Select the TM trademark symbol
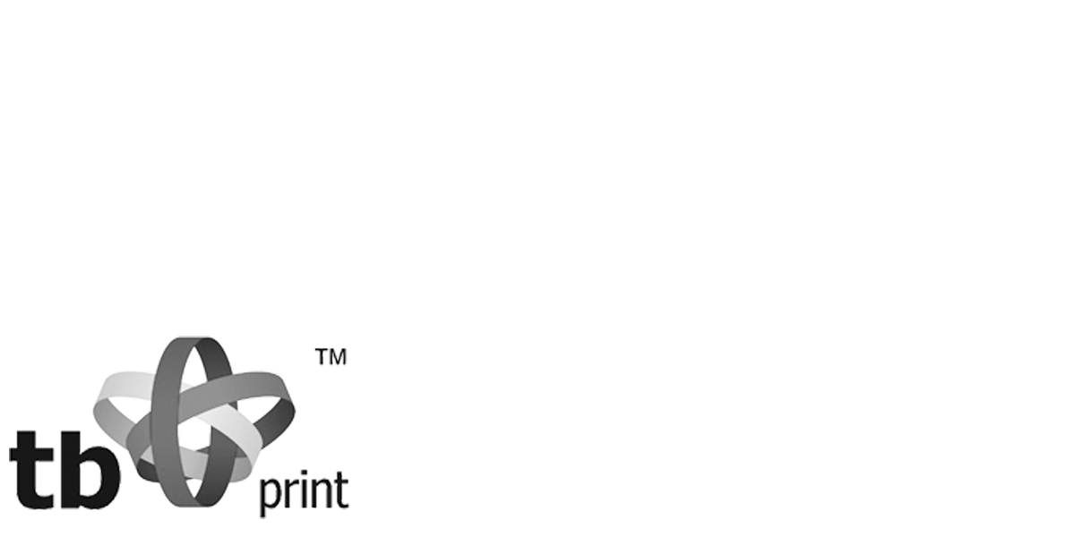click(x=332, y=355)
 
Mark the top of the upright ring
click(x=193, y=341)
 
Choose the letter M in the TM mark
click(x=339, y=355)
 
